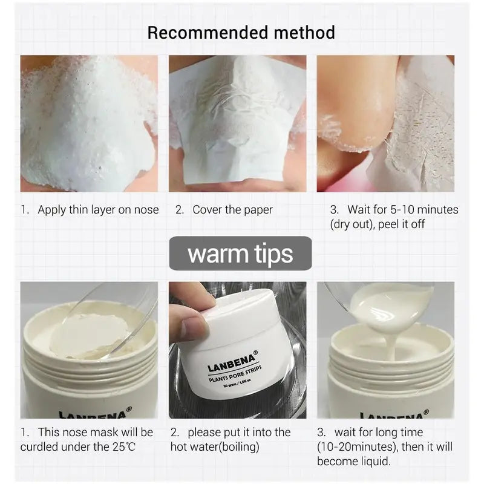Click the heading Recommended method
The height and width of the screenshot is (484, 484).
click(x=241, y=32)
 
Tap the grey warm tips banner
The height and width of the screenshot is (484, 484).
click(x=240, y=253)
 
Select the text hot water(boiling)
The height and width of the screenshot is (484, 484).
click(x=215, y=448)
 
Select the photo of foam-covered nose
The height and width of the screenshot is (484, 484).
click(x=89, y=124)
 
